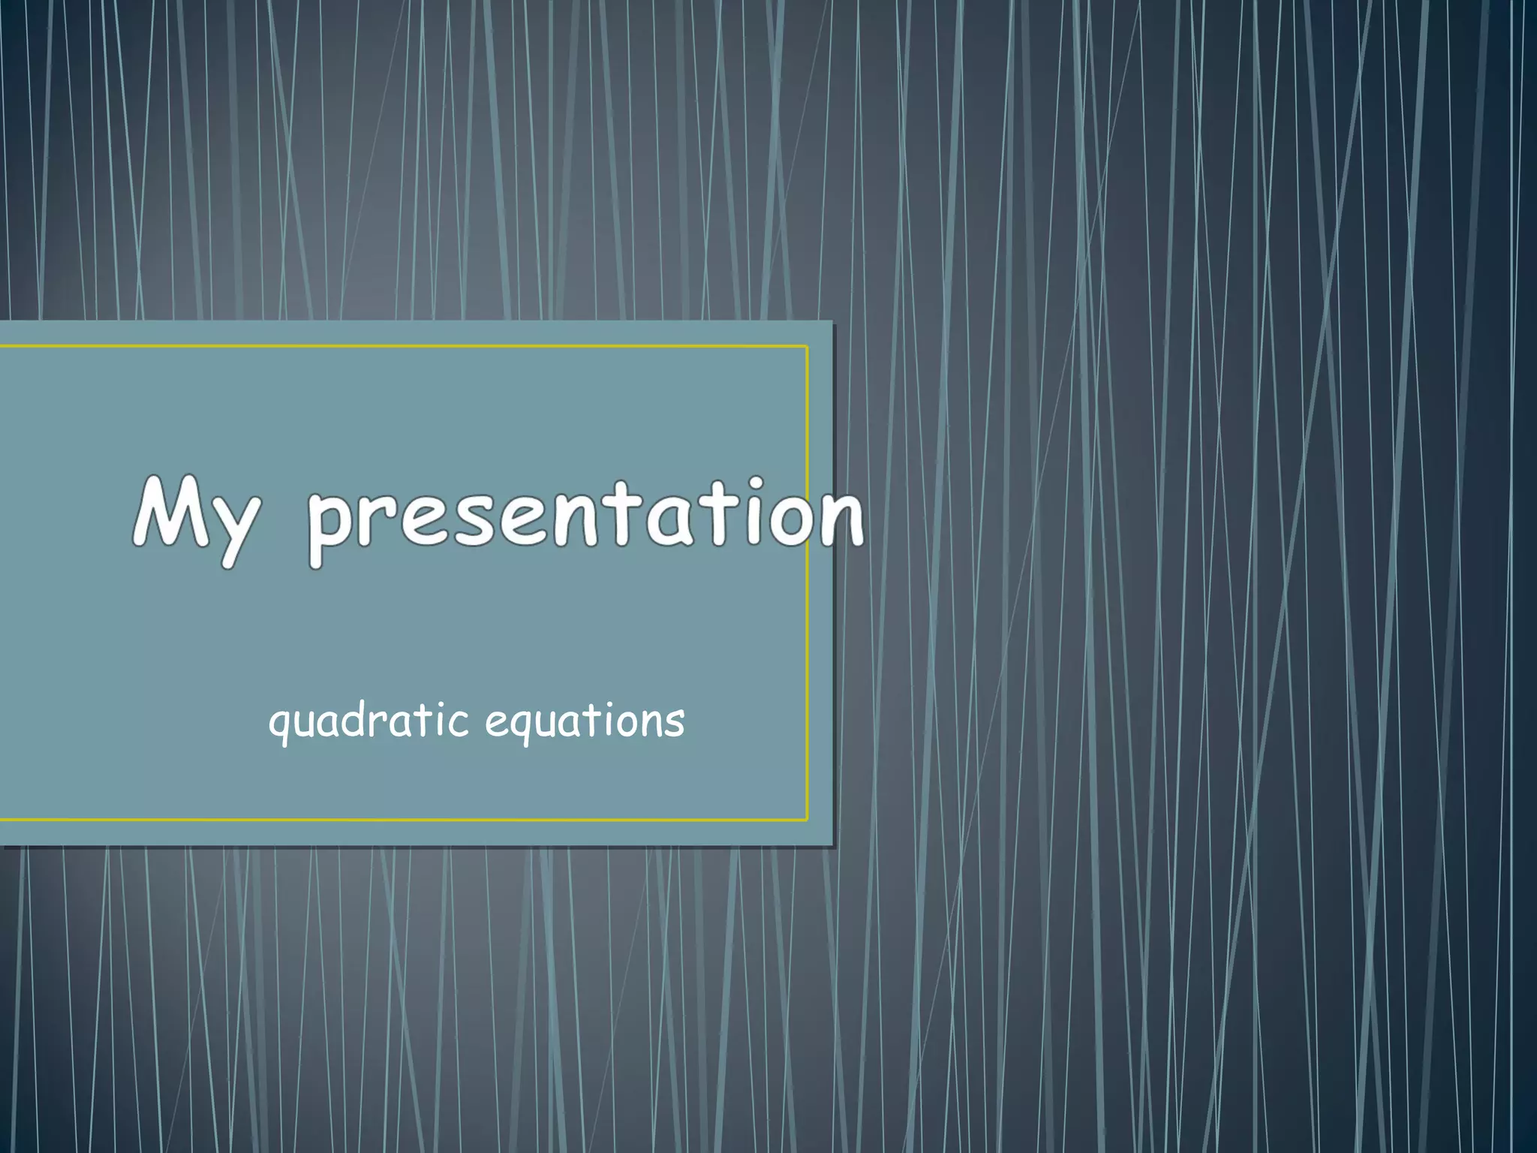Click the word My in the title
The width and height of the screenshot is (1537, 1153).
click(x=197, y=518)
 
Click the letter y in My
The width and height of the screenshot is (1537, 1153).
click(x=236, y=529)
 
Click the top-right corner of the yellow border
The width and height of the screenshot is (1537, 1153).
click(x=807, y=347)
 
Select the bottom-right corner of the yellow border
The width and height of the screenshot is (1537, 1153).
click(x=807, y=820)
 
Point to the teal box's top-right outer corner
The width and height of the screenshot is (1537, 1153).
click(x=832, y=321)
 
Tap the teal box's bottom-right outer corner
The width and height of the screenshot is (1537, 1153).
click(x=832, y=845)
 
